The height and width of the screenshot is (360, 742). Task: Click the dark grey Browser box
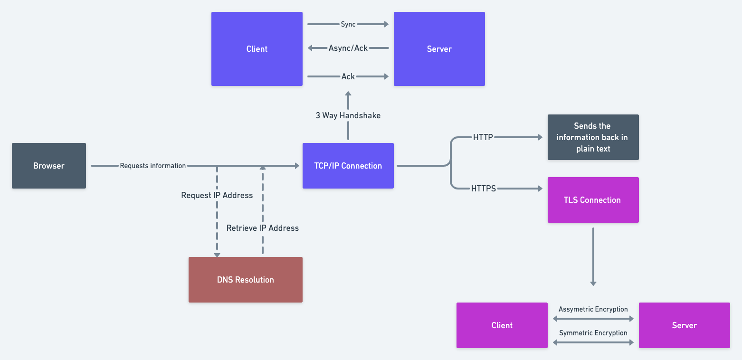[x=49, y=166]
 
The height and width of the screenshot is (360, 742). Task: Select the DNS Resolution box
[x=245, y=280]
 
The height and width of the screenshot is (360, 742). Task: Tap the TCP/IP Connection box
[x=348, y=166]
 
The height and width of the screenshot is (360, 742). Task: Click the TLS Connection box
[x=592, y=200]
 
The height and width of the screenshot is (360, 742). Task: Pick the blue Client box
[x=257, y=49]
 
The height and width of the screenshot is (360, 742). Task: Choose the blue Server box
[x=439, y=49]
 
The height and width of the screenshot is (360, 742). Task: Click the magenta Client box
[x=502, y=325]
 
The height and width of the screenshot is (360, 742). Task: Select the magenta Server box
[x=684, y=325]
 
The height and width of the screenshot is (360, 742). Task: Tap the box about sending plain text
[x=592, y=137]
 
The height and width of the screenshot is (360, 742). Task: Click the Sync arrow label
[x=348, y=24]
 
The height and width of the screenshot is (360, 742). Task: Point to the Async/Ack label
[x=348, y=48]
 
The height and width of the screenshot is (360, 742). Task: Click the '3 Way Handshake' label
[x=348, y=115]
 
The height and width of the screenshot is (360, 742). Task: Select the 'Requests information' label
[x=152, y=166]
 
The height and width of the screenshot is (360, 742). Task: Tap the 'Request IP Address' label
[x=217, y=195]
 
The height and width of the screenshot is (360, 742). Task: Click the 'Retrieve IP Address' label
[x=262, y=228]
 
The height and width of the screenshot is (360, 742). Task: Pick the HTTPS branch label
[x=483, y=189]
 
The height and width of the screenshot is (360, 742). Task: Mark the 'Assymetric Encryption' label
[x=593, y=309]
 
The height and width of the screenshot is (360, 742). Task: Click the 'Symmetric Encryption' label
[x=593, y=333]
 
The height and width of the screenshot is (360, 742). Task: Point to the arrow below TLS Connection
[x=593, y=256]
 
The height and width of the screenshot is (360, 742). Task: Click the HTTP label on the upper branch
[x=483, y=137]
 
